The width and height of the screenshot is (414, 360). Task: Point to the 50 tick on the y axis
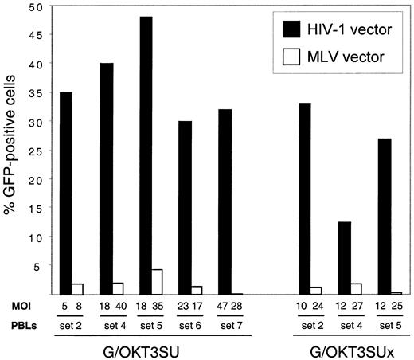(x=34, y=7)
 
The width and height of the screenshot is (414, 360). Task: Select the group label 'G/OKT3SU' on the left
(x=151, y=348)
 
